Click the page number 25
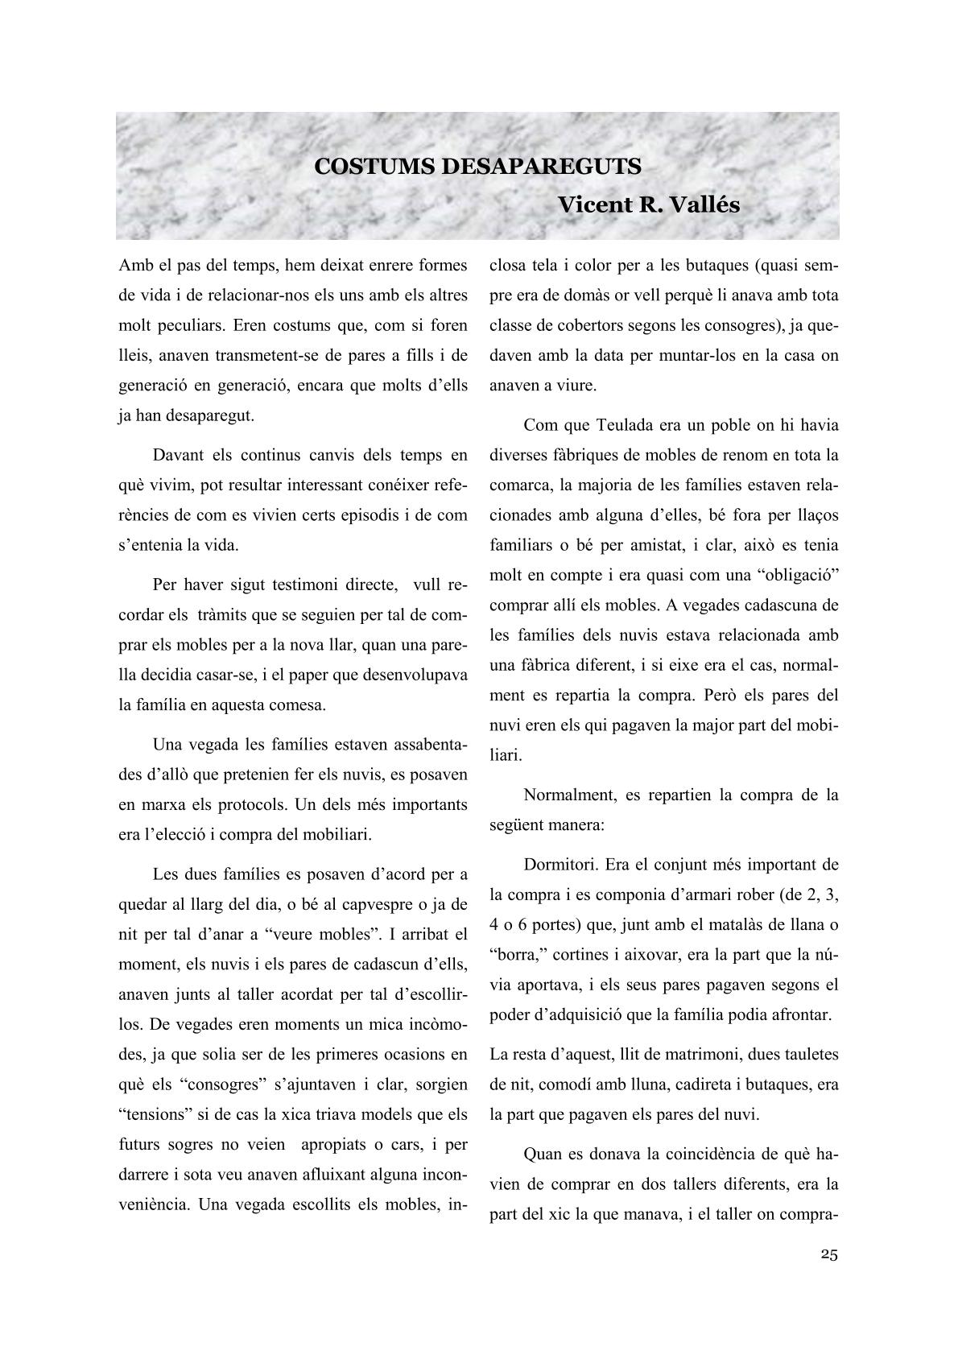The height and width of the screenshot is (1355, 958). [x=829, y=1254]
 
